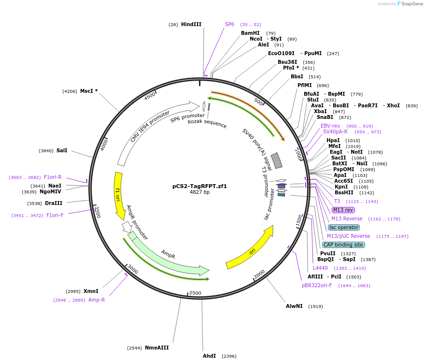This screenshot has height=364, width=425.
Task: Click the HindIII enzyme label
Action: pos(191,24)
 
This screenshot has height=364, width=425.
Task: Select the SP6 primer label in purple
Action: pos(229,24)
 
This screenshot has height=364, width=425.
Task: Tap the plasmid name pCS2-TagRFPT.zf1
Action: pos(199,186)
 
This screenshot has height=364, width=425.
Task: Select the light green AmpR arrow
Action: pos(169,256)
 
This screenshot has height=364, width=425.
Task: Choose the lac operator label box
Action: pos(343,227)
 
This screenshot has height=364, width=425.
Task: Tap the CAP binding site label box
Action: pos(343,245)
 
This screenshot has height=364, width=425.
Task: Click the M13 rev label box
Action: pos(343,210)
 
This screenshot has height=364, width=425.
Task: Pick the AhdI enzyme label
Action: pos(209,356)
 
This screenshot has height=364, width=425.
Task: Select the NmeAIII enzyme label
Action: pos(156,348)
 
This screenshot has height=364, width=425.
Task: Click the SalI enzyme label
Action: pos(61,150)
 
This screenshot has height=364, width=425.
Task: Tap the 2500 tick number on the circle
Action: pos(195,293)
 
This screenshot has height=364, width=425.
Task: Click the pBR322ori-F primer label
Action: pos(316,285)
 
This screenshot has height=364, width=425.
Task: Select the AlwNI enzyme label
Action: pos(294,306)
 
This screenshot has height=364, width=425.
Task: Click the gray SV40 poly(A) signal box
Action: pos(276,160)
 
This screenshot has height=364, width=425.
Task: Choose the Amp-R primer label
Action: pos(97,300)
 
